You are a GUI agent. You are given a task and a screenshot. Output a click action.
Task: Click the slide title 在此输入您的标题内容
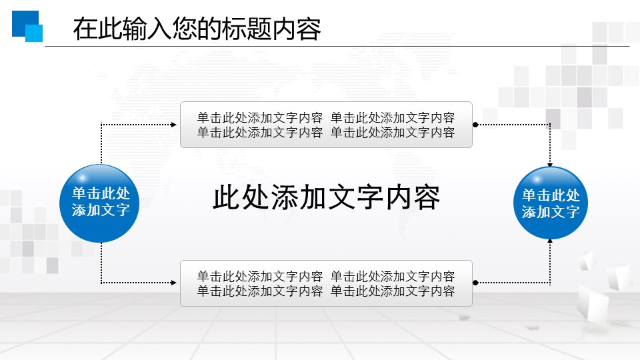(x=197, y=29)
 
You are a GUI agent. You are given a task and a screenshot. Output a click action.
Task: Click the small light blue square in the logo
(x=34, y=33)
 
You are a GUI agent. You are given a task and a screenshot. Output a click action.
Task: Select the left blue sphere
(x=99, y=203)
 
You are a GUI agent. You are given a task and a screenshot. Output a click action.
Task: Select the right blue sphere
(x=551, y=203)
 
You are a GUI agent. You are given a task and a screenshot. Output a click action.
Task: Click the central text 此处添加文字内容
(x=327, y=197)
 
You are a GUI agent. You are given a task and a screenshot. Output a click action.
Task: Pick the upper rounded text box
(x=326, y=125)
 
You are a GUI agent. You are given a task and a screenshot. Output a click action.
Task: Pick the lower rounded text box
(x=326, y=283)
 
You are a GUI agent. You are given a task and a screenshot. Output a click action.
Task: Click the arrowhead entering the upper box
(x=174, y=125)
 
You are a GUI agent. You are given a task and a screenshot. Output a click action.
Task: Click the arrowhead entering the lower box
(x=174, y=283)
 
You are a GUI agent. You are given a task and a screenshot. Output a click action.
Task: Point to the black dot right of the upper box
(x=475, y=125)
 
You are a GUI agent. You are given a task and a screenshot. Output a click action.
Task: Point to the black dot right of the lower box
(x=475, y=283)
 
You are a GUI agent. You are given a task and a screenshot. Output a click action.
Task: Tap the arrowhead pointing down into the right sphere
(x=550, y=165)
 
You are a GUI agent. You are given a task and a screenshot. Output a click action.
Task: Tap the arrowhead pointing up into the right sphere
(x=550, y=241)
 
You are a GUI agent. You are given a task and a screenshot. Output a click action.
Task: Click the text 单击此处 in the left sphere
(x=101, y=193)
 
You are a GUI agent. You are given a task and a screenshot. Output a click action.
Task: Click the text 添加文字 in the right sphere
(x=551, y=212)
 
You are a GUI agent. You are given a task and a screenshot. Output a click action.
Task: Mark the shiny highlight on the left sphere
(x=83, y=178)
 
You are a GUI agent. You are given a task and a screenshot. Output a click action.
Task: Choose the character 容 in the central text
(x=427, y=197)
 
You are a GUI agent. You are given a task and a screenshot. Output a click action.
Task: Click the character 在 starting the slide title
(x=85, y=29)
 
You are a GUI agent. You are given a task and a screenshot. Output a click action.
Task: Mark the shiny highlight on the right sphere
(x=536, y=179)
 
